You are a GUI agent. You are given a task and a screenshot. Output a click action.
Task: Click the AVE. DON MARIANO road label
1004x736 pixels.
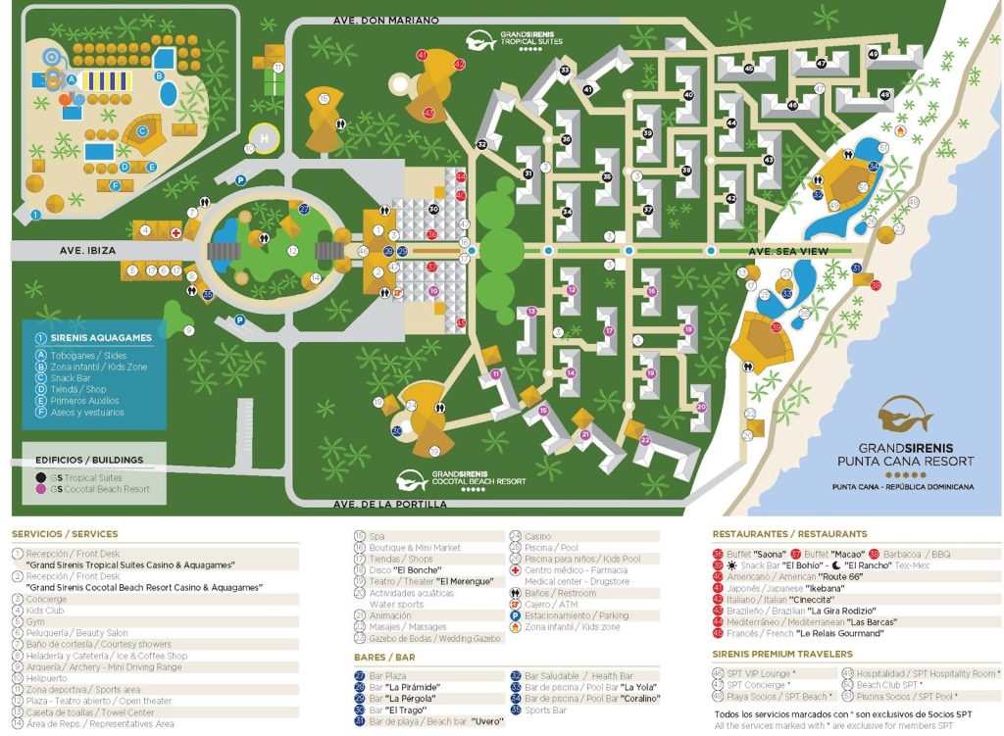tap(372, 20)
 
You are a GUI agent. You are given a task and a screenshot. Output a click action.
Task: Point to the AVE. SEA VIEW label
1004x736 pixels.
tap(789, 252)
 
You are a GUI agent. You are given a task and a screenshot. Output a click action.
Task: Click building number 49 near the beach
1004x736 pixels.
tap(873, 54)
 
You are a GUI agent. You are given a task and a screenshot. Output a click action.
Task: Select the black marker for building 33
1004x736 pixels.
tap(565, 70)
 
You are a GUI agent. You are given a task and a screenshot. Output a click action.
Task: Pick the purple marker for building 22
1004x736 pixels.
tap(645, 440)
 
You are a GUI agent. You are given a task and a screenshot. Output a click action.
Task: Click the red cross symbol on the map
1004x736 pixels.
tap(176, 233)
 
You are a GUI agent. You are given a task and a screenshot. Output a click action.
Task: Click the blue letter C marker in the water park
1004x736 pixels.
tap(141, 128)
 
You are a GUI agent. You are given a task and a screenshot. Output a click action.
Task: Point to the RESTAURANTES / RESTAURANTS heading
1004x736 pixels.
tap(789, 534)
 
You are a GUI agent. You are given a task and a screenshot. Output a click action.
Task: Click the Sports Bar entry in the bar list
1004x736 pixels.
tap(546, 711)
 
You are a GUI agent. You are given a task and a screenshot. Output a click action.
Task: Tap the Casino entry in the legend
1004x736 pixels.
tap(538, 536)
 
